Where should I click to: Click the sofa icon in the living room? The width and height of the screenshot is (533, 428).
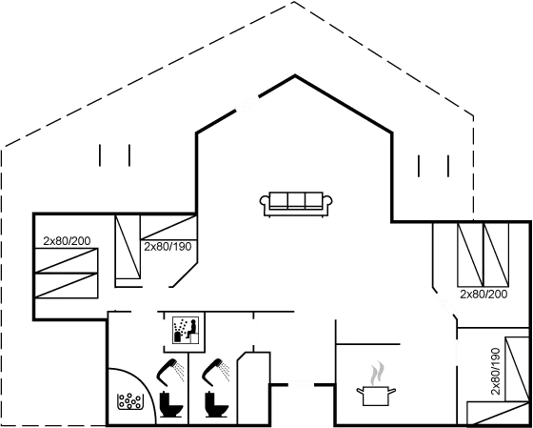(x=296, y=204)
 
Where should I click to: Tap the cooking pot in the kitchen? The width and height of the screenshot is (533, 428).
(x=376, y=396)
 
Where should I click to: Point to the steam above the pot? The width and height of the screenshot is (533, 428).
(x=377, y=373)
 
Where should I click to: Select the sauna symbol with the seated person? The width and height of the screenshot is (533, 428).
(x=186, y=330)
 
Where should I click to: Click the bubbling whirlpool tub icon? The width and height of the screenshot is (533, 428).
(x=130, y=401)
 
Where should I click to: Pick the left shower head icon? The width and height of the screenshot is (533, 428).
(x=170, y=372)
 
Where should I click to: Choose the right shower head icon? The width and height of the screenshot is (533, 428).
(x=215, y=372)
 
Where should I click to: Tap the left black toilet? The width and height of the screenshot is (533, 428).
(x=171, y=404)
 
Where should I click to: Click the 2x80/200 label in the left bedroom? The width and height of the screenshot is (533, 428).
(x=67, y=241)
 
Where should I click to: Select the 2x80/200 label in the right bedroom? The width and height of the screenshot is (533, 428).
(x=484, y=295)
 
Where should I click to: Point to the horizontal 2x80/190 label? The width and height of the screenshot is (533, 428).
(x=168, y=247)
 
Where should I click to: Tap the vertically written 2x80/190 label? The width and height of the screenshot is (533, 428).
(x=496, y=371)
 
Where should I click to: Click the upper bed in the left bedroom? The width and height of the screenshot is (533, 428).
(x=67, y=260)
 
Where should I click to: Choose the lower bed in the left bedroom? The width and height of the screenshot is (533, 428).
(x=67, y=286)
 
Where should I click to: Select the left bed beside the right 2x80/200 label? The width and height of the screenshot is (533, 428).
(x=470, y=255)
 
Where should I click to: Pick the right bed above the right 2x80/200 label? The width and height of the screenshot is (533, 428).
(x=496, y=255)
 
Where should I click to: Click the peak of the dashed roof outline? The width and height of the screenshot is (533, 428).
(x=294, y=2)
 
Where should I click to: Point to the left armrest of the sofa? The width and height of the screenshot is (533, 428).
(x=265, y=200)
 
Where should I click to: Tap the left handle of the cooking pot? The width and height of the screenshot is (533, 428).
(x=360, y=391)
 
